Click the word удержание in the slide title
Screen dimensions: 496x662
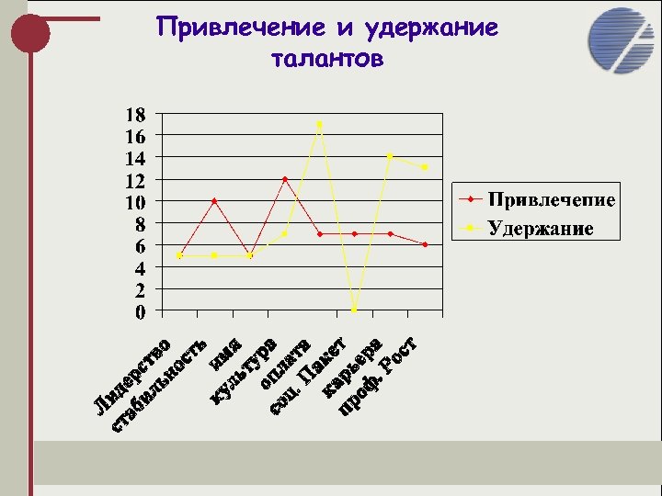coord(431,28)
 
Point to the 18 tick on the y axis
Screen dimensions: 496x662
coord(134,115)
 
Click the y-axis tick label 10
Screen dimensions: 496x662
coord(134,202)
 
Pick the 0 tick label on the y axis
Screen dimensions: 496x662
coord(139,312)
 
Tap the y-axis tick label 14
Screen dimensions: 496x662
coord(134,158)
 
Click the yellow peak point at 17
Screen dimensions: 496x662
coord(320,124)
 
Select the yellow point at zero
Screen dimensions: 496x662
coord(355,310)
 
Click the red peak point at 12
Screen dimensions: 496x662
coord(285,179)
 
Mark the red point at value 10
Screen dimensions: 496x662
coord(214,200)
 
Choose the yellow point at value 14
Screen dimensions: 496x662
coord(390,156)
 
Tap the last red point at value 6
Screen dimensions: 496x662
coord(425,244)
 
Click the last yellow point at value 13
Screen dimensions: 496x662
coord(425,167)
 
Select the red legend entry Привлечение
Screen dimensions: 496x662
coord(550,199)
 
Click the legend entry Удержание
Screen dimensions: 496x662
coord(540,227)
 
